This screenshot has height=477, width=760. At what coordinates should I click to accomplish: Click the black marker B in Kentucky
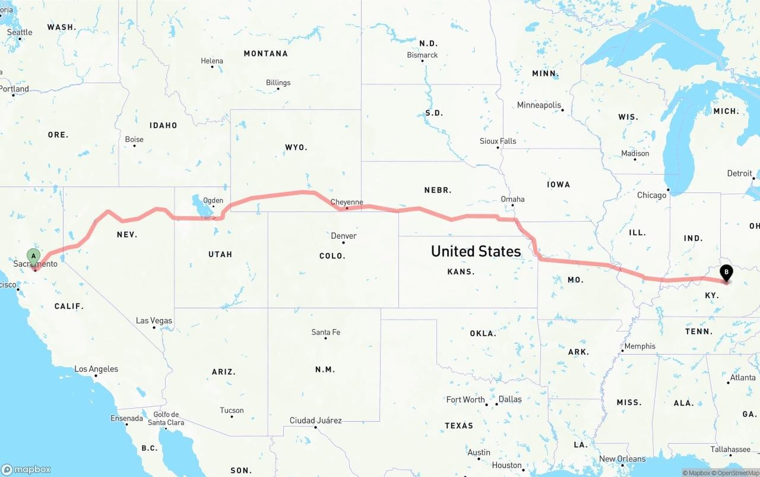pos(726,273)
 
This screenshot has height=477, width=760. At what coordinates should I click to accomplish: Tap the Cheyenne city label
pos(347,202)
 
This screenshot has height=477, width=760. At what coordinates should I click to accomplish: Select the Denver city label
pos(344,236)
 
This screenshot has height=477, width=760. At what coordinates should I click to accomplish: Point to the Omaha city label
pos(512,199)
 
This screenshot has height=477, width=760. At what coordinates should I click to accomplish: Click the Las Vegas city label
pos(154,321)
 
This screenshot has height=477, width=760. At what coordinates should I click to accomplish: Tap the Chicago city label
pos(651,195)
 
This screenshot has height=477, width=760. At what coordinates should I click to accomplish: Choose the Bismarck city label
pos(422,55)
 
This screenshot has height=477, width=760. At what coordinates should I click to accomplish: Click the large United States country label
pos(476,251)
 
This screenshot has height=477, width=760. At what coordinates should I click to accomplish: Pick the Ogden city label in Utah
pos(213,201)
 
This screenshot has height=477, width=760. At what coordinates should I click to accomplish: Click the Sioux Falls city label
pos(498,141)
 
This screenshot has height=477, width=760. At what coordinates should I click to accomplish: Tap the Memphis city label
pos(639,346)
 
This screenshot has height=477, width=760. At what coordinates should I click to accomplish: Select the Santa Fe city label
pos(325,332)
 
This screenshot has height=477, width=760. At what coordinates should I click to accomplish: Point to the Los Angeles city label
pos(96,369)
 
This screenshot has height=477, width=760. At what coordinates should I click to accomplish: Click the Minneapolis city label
pos(539,105)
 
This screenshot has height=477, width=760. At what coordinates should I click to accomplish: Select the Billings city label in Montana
pos(278,83)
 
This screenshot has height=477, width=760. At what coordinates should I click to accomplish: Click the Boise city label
pos(134,140)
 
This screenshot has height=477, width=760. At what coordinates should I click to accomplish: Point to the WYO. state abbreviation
pos(296,147)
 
